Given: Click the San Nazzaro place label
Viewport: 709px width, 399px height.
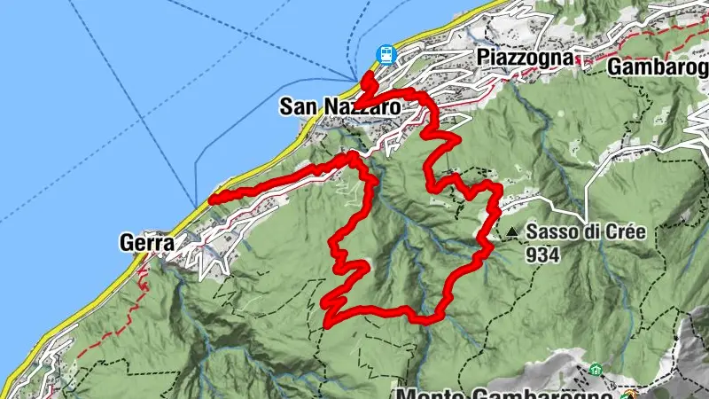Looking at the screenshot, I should click(x=339, y=106).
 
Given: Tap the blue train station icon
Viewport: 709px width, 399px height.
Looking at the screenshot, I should click(x=386, y=54).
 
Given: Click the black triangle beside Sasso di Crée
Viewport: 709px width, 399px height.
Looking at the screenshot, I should click(x=512, y=233).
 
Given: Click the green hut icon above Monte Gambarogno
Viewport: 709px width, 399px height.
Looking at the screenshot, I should click(x=594, y=369).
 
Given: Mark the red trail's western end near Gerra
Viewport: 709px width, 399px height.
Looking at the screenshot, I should click(x=211, y=200).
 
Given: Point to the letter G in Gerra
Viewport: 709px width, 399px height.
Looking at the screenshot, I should click(x=124, y=241).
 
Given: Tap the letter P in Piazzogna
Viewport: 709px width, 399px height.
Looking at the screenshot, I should click(x=483, y=58).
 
